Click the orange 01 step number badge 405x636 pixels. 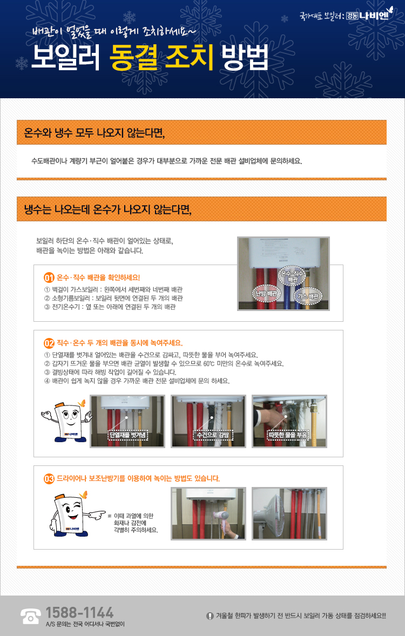coord(49,278)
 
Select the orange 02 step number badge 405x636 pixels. coord(49,343)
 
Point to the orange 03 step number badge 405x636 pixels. coord(49,479)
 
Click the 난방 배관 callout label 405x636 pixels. coord(266,293)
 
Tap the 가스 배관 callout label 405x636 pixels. coord(308,296)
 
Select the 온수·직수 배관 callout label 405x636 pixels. coord(292,276)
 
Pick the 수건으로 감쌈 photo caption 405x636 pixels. coord(212,435)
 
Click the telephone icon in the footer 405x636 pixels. coord(30,615)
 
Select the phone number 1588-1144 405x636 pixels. coord(79,612)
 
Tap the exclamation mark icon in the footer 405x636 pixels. coord(210,615)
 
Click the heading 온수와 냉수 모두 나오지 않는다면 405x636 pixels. coord(94,133)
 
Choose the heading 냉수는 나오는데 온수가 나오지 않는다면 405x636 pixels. coord(107,209)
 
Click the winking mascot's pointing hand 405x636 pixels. coord(96,515)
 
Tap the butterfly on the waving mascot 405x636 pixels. coord(82,403)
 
